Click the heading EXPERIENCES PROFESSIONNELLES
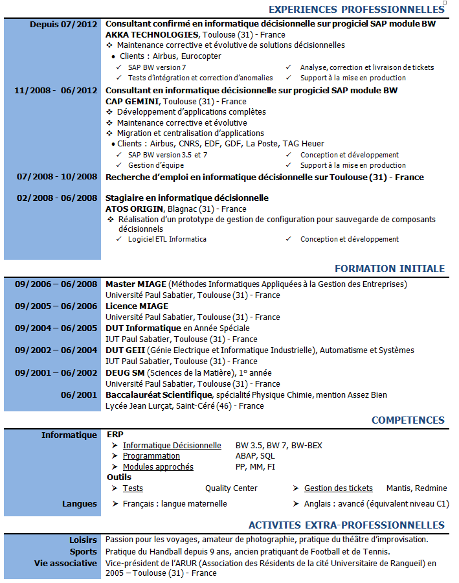pos(356,10)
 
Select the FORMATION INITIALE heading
pos(389,269)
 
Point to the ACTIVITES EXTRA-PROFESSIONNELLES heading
pos(346,525)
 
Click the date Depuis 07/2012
pos(63,24)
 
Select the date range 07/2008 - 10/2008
pos(57,177)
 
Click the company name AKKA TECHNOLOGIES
pos(152,34)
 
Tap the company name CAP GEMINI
pos(132,101)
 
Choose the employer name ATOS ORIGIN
pos(135,209)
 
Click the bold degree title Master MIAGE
pos(136,284)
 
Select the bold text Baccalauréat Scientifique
pos(159,394)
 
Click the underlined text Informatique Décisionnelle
pos(172,446)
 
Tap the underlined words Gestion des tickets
pos(339,488)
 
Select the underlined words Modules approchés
pos(158,467)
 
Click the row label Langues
pos(80,504)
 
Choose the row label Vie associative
pos(65,564)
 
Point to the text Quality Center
pos(231,488)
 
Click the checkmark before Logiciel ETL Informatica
pos(118,239)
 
